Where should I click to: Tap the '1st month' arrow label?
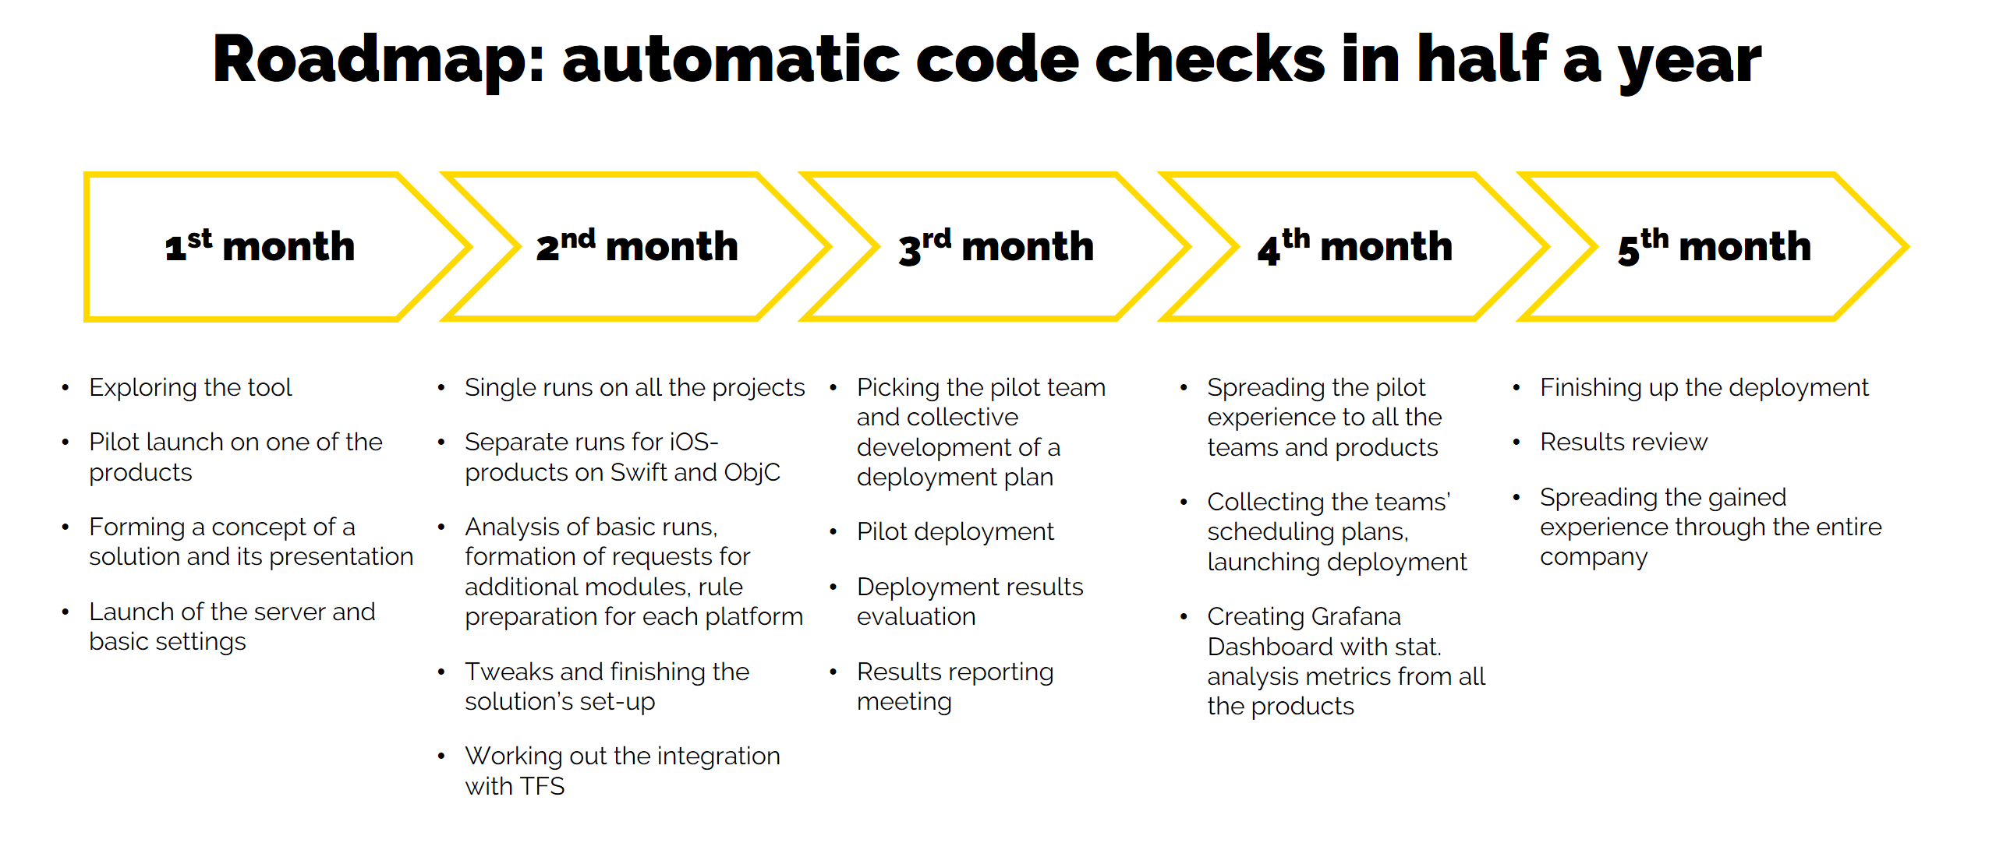click(x=260, y=246)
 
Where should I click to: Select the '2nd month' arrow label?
click(x=637, y=246)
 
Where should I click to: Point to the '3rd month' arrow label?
click(x=996, y=246)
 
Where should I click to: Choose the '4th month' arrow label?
click(x=1354, y=246)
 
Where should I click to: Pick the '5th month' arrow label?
click(x=1714, y=246)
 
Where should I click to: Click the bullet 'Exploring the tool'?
click(x=190, y=387)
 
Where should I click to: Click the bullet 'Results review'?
click(x=1623, y=442)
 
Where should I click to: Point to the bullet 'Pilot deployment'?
click(x=954, y=531)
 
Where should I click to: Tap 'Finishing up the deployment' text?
click(x=1704, y=387)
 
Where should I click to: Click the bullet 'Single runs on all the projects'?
click(x=634, y=387)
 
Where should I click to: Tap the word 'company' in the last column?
click(x=1593, y=558)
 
